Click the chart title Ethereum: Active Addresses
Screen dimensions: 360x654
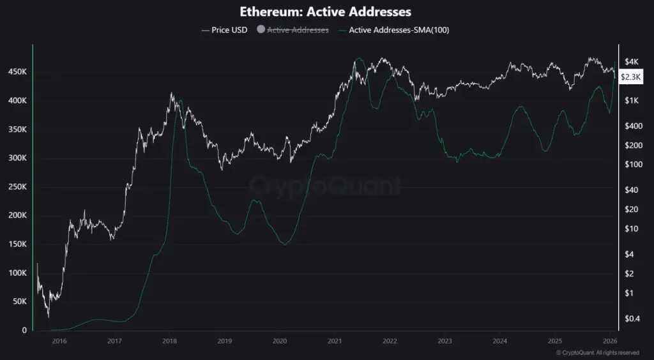click(326, 11)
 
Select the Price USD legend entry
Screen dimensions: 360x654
click(224, 29)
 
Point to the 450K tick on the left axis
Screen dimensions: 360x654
click(17, 72)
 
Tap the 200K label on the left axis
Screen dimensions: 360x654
click(17, 216)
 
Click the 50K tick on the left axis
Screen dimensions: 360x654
click(19, 301)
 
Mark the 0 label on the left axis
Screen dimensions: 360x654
click(24, 330)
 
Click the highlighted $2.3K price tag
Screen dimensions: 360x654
click(631, 77)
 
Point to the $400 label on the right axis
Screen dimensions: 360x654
click(632, 126)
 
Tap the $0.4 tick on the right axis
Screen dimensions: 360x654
click(632, 319)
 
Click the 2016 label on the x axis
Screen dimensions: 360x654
click(59, 341)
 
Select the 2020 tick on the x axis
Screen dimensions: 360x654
click(279, 341)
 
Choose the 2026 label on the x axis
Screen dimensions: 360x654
click(609, 341)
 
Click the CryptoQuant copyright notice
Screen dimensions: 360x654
click(597, 352)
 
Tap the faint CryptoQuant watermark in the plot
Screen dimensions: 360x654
click(326, 186)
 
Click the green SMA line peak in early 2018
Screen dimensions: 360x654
click(181, 100)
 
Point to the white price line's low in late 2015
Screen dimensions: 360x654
click(49, 316)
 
